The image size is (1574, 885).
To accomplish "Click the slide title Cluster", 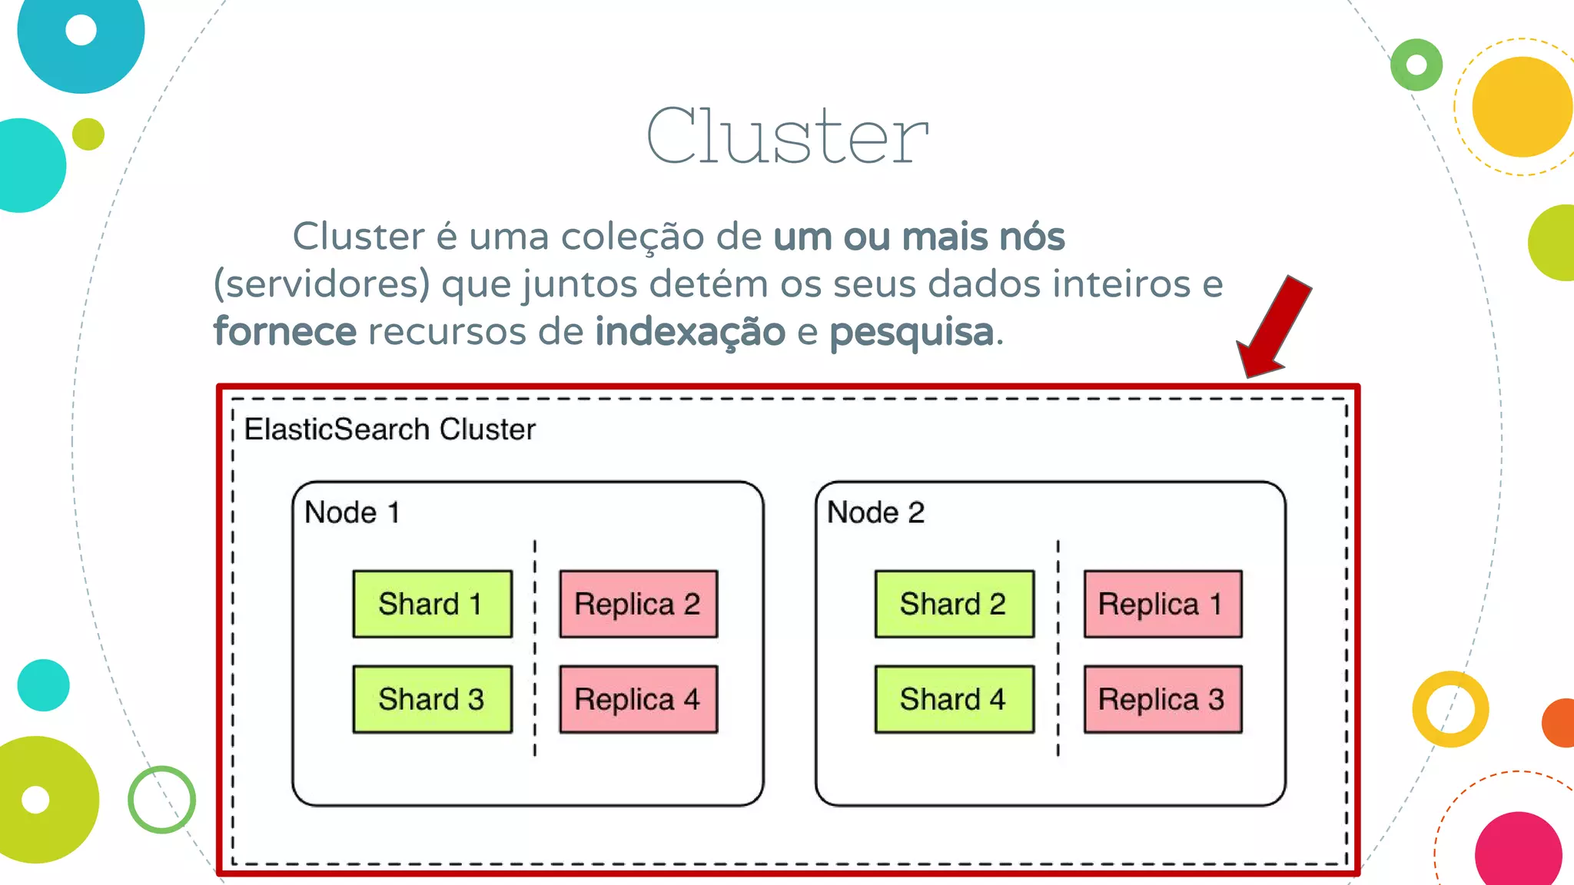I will pos(787,136).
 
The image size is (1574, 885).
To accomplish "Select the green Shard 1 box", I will pos(432,604).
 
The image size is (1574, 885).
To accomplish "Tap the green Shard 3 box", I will pos(432,699).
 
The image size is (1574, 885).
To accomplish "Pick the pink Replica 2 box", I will pos(638,604).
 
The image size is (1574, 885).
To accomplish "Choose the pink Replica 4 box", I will pos(638,699).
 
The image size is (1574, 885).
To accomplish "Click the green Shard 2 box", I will pos(954,604).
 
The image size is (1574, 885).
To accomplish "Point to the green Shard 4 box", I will pos(954,699).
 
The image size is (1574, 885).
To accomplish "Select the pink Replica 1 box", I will pos(1162,604).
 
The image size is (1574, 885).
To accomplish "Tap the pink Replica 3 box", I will pos(1162,699).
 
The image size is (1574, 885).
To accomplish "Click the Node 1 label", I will pos(352,512).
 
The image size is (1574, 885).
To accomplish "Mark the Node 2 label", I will pos(875,512).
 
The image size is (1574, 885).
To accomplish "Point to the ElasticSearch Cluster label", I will pos(390,429).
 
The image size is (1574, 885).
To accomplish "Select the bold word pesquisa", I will pos(912,333).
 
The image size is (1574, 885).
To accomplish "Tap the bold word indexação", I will pos(690,332).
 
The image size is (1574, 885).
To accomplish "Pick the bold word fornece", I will pos(285,332).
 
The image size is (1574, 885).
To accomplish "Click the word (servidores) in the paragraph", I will pos(321,284).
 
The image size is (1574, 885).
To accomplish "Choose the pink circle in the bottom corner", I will pos(1518,851).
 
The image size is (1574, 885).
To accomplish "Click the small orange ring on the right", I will pos(1450,709).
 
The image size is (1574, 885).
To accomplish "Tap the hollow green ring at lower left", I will pos(161,800).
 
